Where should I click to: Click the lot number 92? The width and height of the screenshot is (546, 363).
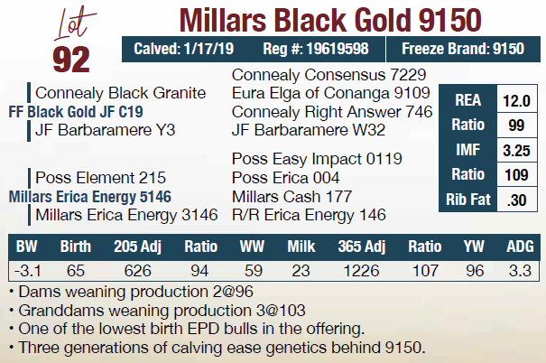pos(70,57)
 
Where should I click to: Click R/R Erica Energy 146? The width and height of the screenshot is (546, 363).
pos(309,215)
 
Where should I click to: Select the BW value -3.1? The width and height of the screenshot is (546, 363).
pos(25,269)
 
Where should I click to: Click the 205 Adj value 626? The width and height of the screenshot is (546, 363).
pos(137,269)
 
